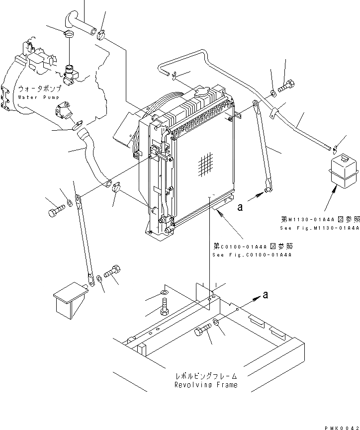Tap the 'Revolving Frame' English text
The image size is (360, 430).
pos(205,385)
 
